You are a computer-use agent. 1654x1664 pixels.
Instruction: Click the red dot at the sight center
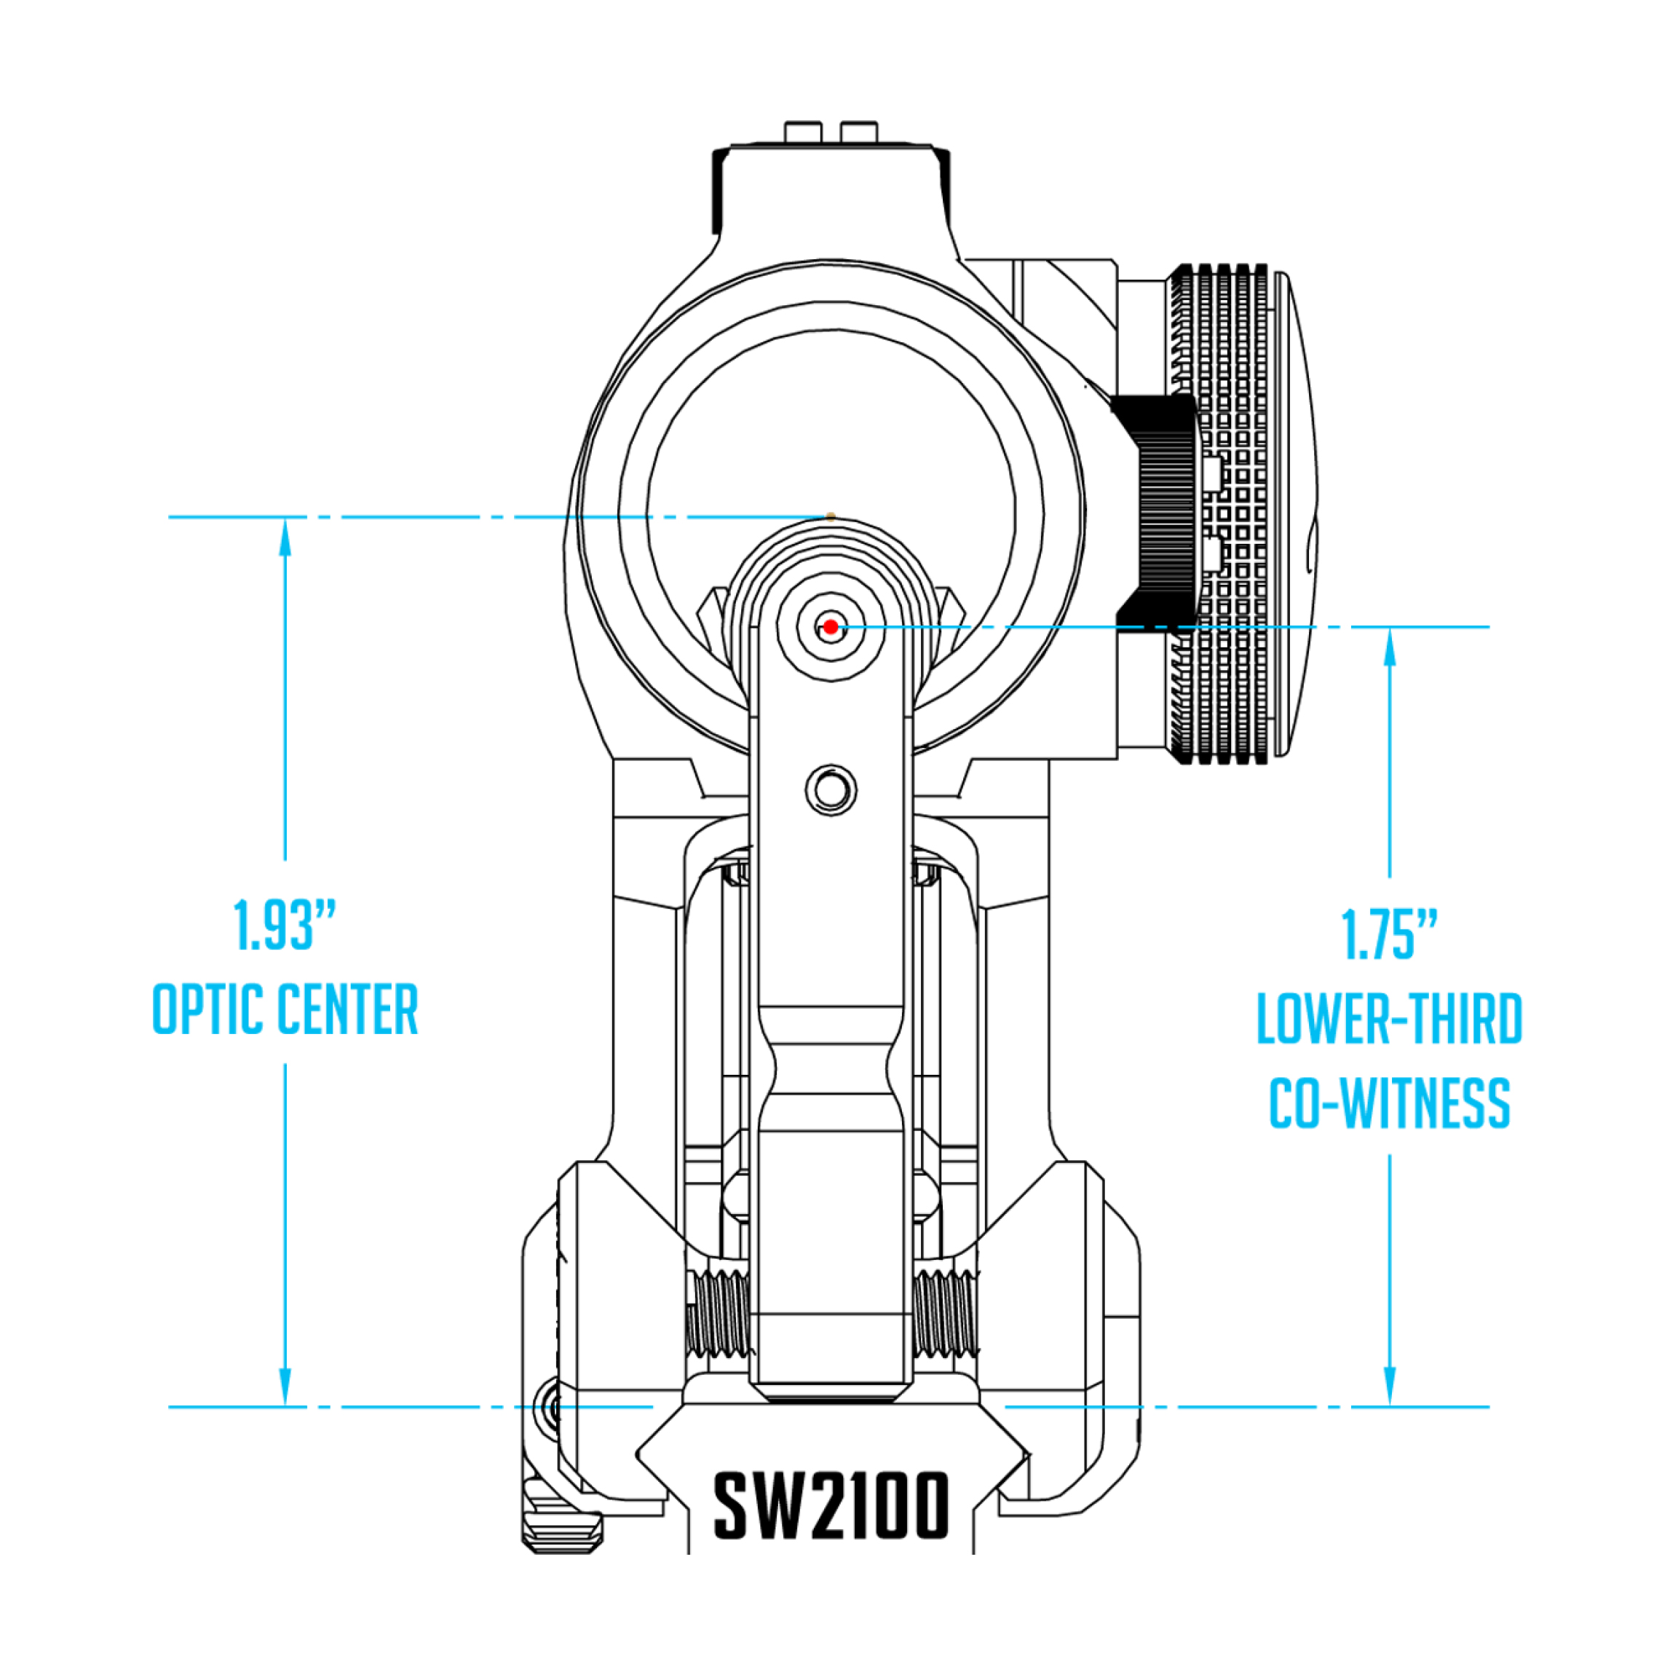point(829,626)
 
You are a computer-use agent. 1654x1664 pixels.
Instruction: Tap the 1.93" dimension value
point(284,926)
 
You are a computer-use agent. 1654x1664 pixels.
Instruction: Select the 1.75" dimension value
point(1390,934)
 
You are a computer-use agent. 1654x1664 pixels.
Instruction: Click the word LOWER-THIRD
point(1390,1019)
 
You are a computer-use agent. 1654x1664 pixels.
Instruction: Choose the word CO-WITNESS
point(1390,1103)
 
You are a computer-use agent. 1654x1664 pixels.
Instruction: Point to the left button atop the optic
point(802,132)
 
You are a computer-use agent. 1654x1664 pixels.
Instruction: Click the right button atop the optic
point(858,132)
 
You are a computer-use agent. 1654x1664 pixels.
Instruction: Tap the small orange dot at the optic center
point(830,516)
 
